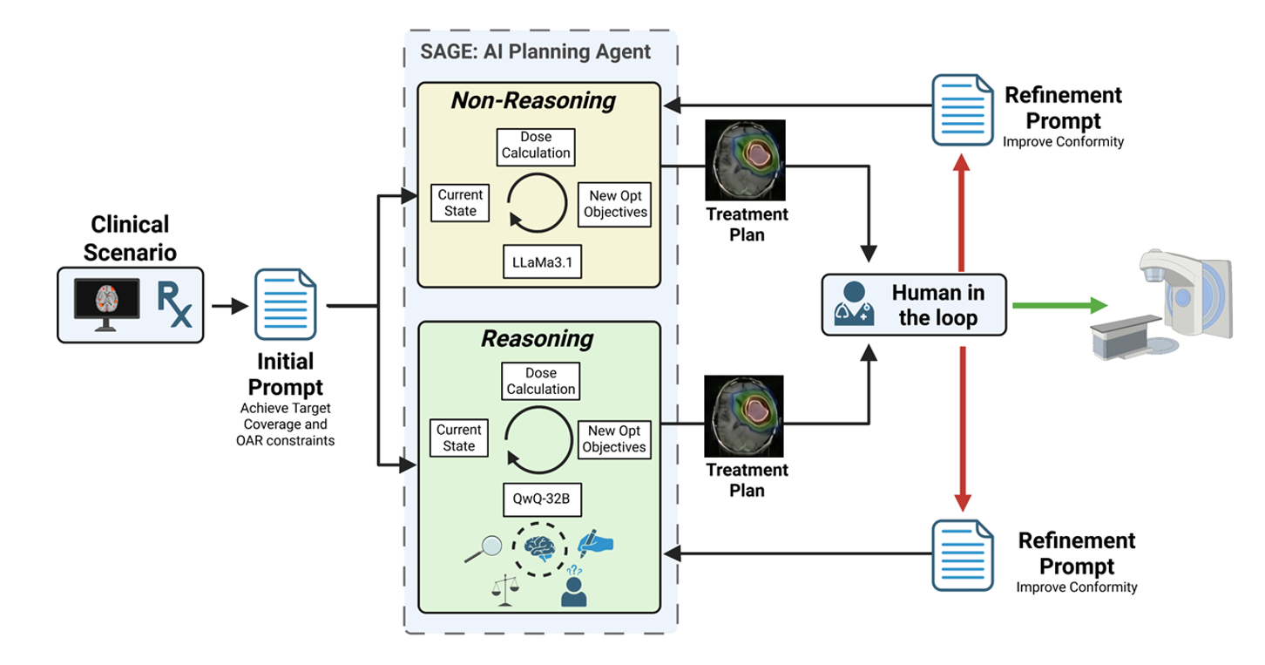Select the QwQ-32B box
541,502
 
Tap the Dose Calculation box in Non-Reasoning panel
536,146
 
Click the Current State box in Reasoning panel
459,438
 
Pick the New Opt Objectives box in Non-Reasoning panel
615,204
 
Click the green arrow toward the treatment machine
1058,305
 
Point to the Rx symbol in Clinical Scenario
174,304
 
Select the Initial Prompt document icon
284,305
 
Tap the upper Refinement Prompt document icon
962,108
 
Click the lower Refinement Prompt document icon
962,553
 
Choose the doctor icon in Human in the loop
855,305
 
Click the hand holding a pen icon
597,542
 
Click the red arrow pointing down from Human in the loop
963,427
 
